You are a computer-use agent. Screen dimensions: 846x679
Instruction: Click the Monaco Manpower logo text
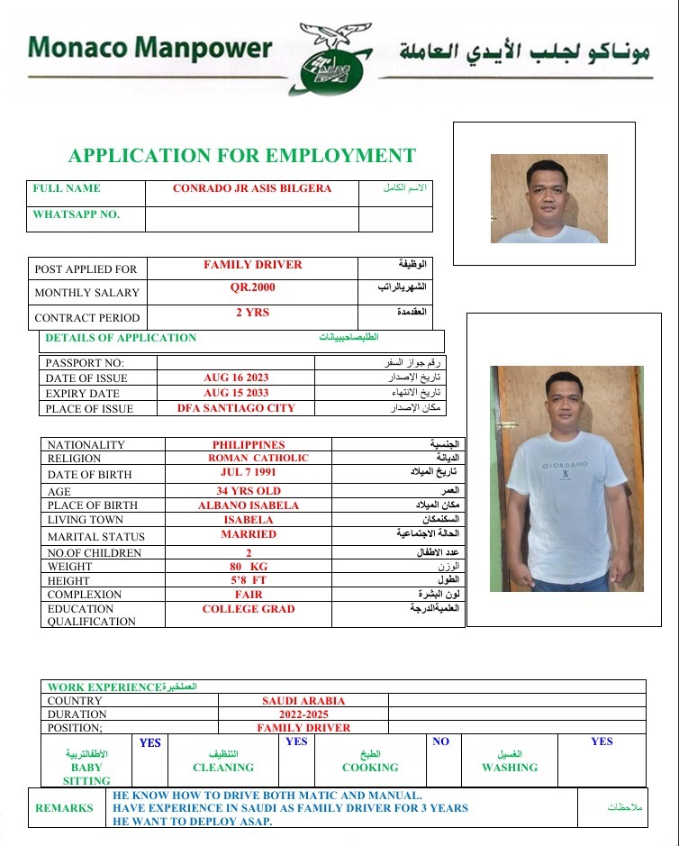149,48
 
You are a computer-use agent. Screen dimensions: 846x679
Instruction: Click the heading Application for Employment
242,156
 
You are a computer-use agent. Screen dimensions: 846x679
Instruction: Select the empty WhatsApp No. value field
251,218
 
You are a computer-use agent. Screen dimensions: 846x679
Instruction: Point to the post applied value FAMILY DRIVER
252,265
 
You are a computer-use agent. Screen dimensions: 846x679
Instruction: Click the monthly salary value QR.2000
252,287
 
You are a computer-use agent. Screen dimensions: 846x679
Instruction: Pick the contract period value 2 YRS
252,313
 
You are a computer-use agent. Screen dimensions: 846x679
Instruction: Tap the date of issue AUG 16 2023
236,378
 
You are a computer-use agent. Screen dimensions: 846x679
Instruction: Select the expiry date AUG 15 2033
236,393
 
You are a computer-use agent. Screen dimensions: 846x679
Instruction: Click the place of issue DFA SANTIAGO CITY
236,408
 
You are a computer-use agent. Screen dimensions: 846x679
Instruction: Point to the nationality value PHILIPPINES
249,445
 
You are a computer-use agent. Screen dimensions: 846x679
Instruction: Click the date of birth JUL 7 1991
249,472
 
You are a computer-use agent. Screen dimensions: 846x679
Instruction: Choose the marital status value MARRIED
249,534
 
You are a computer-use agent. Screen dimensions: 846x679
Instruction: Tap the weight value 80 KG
249,567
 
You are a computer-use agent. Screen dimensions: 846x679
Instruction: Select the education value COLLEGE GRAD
249,609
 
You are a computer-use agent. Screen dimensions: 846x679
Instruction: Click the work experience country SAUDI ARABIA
303,700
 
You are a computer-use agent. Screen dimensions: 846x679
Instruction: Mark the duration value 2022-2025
303,714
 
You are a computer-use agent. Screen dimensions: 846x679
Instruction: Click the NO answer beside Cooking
440,742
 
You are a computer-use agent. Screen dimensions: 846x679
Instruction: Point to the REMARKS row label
64,808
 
